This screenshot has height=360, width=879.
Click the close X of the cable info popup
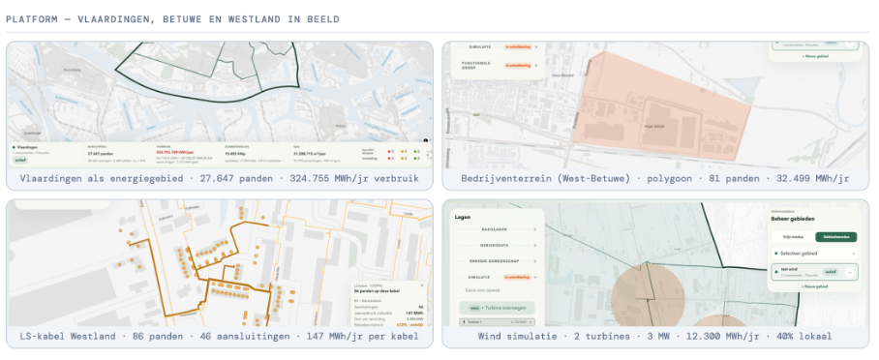click(x=423, y=286)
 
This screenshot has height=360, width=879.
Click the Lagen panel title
click(x=463, y=218)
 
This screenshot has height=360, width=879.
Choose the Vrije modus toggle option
click(x=793, y=236)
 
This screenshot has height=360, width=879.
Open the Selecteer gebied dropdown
click(x=811, y=254)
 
